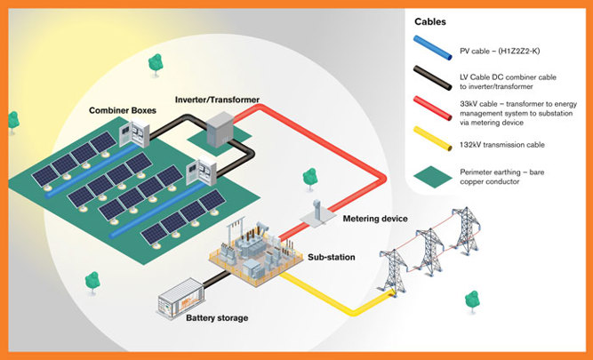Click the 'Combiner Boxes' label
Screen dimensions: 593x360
[x=123, y=110]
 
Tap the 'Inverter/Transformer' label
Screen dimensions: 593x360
[x=217, y=100]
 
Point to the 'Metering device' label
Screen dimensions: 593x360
[x=375, y=219]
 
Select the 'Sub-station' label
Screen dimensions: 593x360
[x=332, y=257]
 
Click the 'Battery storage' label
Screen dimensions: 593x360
[x=217, y=318]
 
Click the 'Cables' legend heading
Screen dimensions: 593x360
[x=430, y=21]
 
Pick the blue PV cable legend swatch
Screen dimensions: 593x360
[x=433, y=48]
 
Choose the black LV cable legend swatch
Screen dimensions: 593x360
[x=433, y=78]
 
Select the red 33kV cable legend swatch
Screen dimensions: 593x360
[x=433, y=108]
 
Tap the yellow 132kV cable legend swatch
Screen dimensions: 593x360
[x=433, y=139]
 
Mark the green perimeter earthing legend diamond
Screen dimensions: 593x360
[x=433, y=177]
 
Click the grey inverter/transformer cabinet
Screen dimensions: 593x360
[x=220, y=129]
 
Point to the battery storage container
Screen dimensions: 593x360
[x=181, y=299]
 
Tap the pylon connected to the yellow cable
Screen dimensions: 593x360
[x=394, y=271]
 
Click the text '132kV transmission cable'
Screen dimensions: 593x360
[x=502, y=145]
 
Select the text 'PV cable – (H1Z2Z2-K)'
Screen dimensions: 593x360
[x=500, y=51]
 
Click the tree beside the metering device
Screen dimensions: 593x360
[x=309, y=179]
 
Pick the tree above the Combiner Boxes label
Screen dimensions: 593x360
[x=156, y=65]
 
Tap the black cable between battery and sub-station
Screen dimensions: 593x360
[x=216, y=279]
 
